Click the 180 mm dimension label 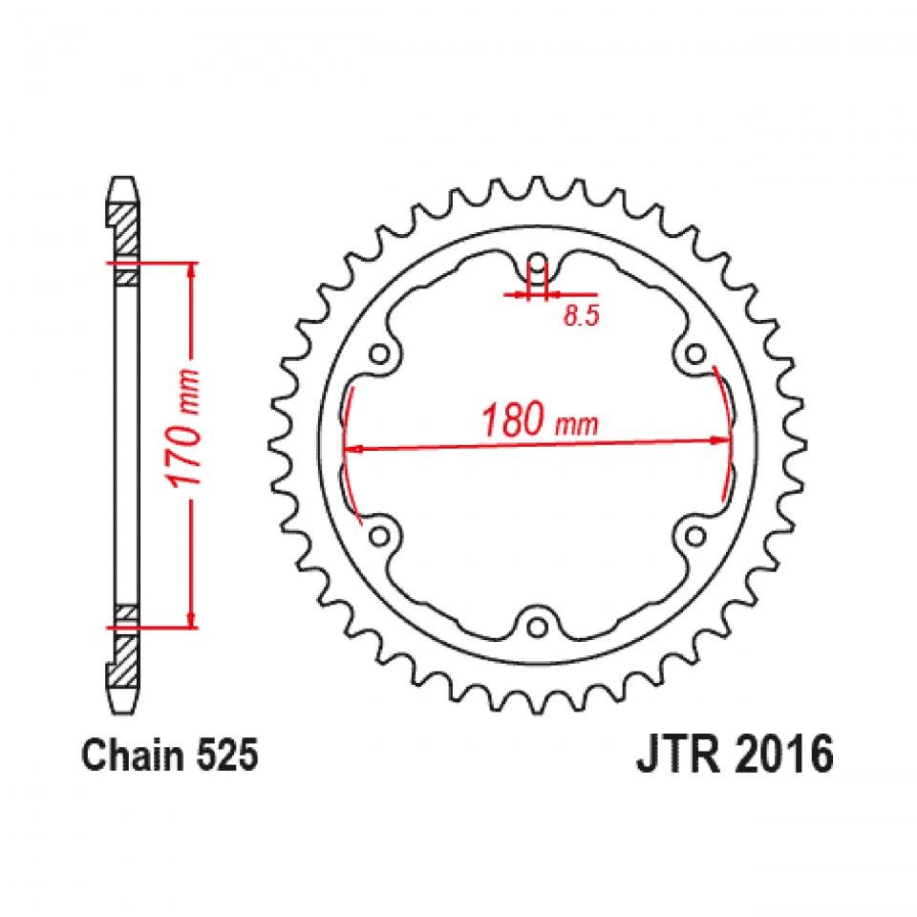[x=540, y=420]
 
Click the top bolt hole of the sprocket [x=538, y=263]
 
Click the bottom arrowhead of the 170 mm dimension [x=194, y=619]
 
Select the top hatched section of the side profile [x=123, y=223]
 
